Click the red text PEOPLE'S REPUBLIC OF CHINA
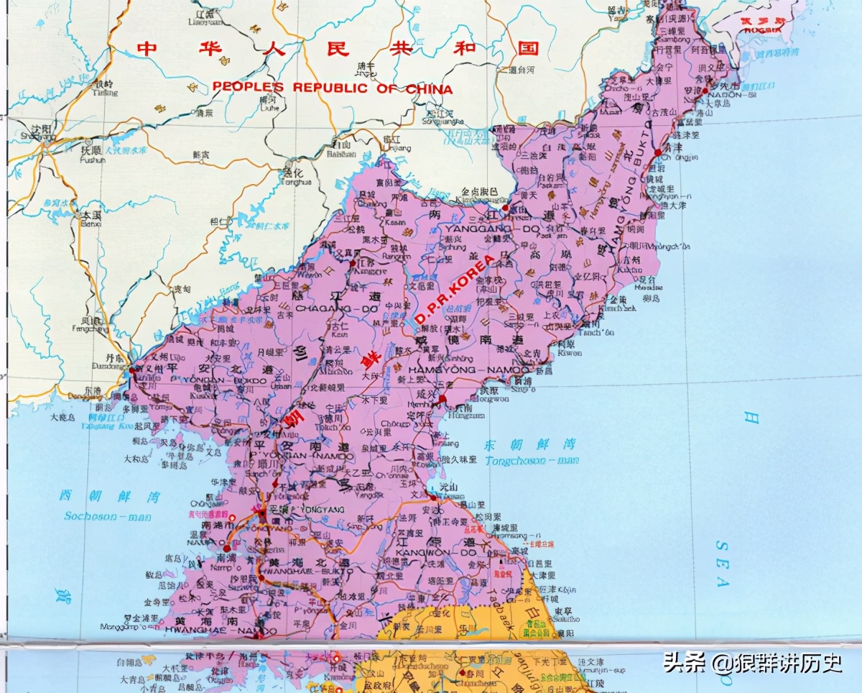click(332, 88)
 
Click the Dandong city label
click(106, 365)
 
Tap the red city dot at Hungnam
click(443, 400)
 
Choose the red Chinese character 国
click(529, 48)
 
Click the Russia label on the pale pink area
click(763, 27)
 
